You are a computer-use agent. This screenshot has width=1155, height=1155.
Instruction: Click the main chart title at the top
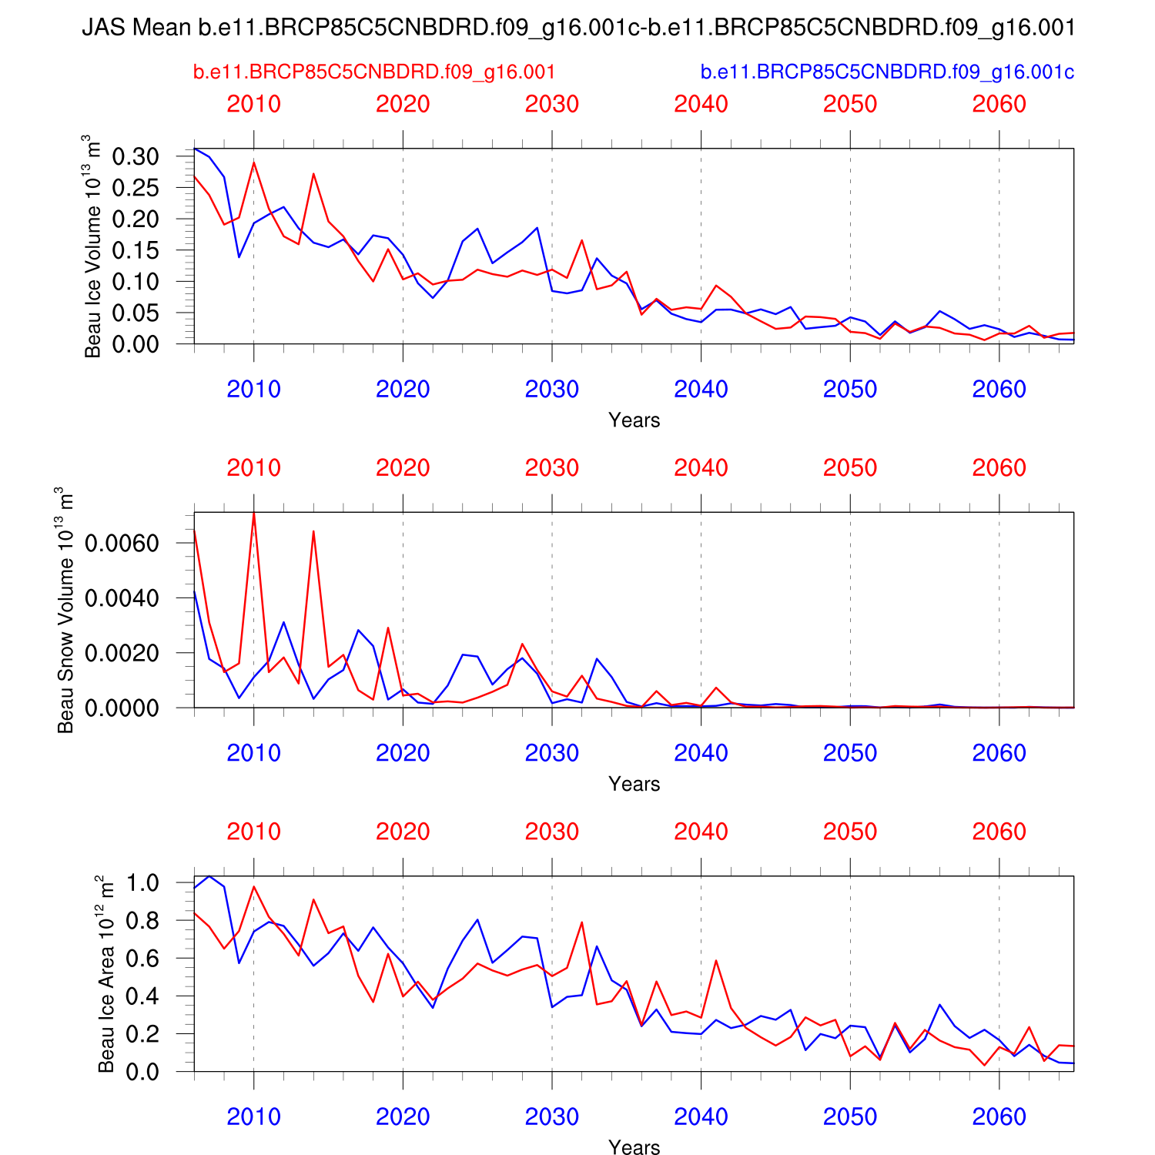point(577,28)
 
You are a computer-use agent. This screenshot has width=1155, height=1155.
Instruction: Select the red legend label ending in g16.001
point(373,72)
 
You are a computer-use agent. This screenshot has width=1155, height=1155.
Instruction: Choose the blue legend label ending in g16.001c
point(887,72)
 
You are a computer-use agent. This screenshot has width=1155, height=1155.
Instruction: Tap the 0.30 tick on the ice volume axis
point(136,156)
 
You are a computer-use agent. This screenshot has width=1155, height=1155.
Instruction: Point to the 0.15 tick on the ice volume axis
point(136,250)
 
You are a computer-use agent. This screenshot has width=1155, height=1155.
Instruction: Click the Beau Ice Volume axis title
point(92,246)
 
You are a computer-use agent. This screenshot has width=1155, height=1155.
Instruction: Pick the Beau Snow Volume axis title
point(65,610)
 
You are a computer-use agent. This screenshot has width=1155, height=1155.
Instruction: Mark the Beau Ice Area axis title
point(105,974)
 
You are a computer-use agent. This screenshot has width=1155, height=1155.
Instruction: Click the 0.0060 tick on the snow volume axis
point(122,544)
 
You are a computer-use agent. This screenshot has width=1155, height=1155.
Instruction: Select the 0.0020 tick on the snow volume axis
point(122,653)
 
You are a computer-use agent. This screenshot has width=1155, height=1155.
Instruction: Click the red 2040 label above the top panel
point(701,104)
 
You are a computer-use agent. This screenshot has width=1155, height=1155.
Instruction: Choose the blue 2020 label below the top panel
point(403,390)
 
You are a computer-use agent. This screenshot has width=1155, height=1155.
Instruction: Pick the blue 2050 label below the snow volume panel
point(850,753)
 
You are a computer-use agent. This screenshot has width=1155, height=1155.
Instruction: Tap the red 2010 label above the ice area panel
point(253,832)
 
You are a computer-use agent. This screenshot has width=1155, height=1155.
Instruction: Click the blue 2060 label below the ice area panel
point(999,1116)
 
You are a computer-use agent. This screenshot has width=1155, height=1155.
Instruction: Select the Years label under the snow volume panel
point(634,784)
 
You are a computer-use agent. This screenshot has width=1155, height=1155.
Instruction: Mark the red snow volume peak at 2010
point(254,514)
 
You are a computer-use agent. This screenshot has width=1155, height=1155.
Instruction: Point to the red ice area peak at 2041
point(716,960)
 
